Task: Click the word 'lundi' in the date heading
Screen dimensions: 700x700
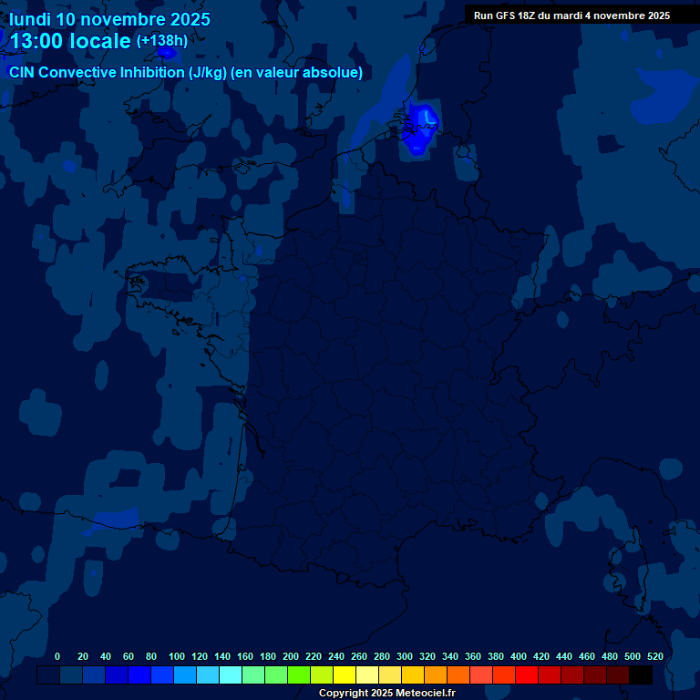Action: point(30,19)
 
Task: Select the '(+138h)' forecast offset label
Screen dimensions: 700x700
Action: point(162,41)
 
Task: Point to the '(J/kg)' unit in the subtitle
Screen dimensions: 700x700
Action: point(210,73)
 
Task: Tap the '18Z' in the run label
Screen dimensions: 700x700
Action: point(532,15)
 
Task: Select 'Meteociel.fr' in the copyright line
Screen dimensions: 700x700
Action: point(426,694)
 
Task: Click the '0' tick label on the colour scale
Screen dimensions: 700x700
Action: point(57,656)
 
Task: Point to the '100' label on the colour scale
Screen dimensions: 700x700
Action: point(176,656)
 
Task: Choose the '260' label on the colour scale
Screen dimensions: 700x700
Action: point(358,656)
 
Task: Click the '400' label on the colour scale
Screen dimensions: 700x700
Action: point(518,656)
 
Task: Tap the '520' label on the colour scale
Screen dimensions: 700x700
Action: point(654,656)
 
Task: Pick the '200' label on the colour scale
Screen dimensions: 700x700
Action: point(290,656)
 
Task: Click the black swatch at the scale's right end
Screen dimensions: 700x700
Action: point(641,675)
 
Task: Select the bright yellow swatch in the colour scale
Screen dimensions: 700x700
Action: point(345,675)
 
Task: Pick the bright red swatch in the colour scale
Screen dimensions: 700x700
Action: point(527,675)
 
